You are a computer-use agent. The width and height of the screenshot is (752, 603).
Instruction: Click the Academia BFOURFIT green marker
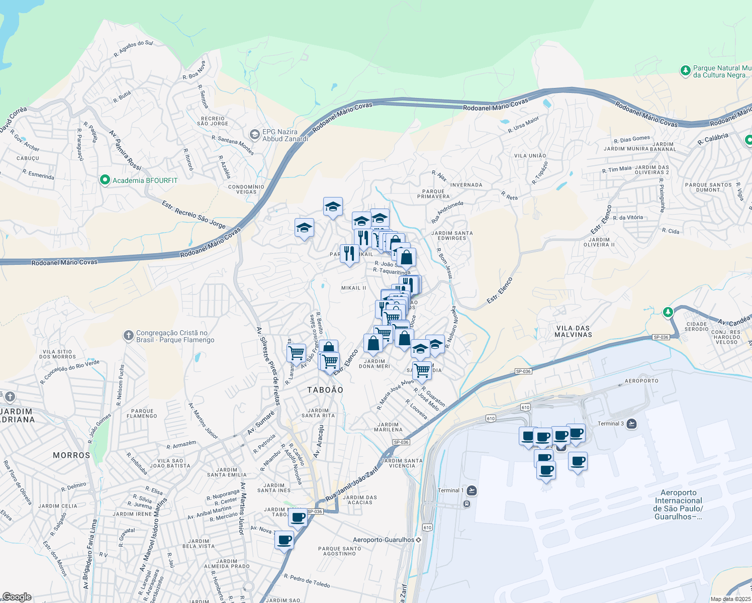(105, 180)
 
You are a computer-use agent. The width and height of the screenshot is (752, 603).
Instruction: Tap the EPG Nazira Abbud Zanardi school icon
(255, 135)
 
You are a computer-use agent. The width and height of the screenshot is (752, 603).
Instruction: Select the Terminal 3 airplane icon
(632, 424)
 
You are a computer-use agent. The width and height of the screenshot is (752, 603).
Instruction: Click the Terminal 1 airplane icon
(472, 490)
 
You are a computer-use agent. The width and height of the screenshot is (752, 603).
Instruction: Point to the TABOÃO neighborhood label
(325, 390)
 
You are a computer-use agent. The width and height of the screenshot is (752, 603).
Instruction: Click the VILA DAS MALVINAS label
(573, 331)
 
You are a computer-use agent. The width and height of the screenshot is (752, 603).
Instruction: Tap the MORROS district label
(71, 455)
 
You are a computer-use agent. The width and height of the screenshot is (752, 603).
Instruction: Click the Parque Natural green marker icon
(685, 71)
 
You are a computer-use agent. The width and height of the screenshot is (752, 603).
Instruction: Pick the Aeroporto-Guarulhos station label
(384, 540)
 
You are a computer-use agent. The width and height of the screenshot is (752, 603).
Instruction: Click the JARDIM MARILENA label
(389, 427)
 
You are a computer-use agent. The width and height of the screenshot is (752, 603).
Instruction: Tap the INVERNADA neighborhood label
(466, 185)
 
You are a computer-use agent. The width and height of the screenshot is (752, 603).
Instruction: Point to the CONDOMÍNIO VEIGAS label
(246, 189)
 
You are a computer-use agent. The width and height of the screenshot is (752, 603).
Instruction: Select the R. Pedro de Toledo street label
(307, 580)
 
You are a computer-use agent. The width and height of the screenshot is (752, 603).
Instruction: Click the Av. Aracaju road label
(318, 441)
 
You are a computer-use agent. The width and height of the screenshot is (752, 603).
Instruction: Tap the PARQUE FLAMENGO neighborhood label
(142, 414)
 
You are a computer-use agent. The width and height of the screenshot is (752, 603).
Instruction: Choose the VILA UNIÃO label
(530, 156)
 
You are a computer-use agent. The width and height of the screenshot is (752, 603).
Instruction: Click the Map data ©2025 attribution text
(730, 599)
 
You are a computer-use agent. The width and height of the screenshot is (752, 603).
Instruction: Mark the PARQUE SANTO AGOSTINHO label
(340, 551)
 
